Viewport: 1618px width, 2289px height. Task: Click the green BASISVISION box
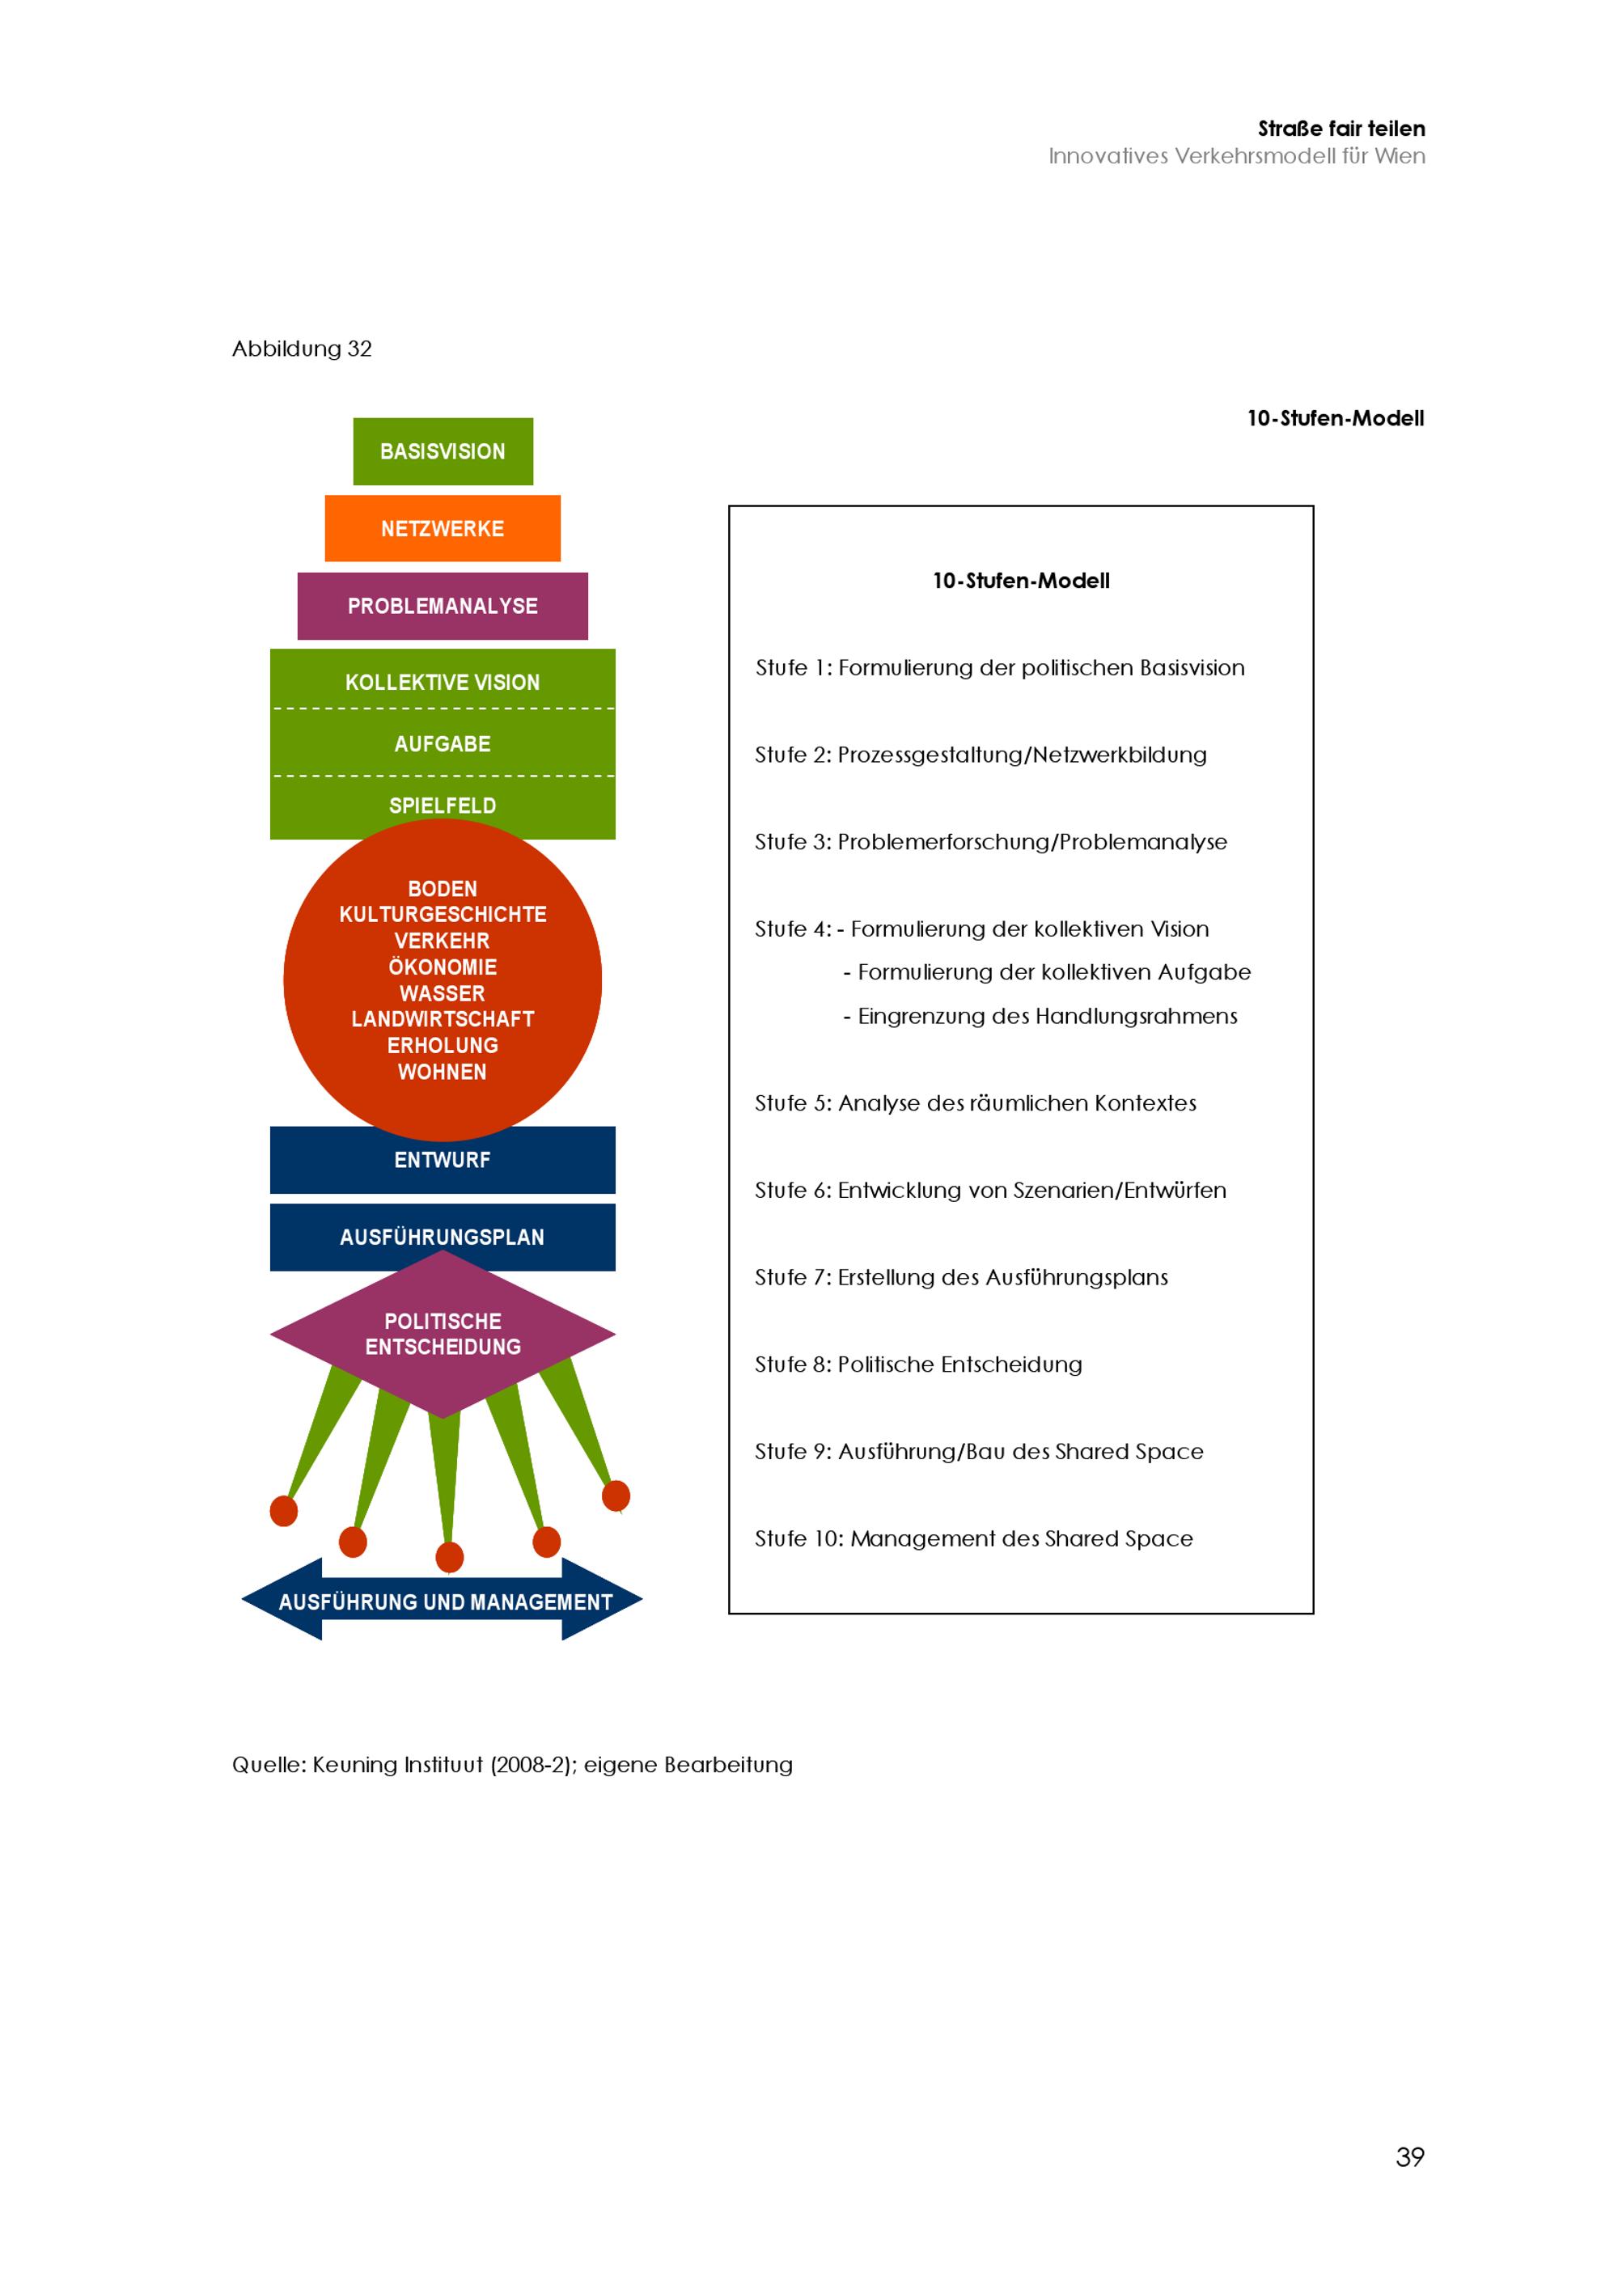pyautogui.click(x=443, y=451)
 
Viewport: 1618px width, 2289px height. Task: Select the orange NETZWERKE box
pyautogui.click(x=443, y=528)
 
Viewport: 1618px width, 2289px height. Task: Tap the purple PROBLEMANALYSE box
pyautogui.click(x=443, y=606)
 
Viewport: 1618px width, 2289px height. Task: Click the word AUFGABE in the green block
pyautogui.click(x=443, y=744)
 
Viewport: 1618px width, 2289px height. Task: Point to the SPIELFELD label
pyautogui.click(x=443, y=806)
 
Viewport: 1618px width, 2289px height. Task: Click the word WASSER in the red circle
pyautogui.click(x=443, y=993)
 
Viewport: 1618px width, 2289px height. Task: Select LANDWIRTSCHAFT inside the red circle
pyautogui.click(x=443, y=1019)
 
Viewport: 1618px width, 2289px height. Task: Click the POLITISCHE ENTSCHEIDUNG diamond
pyautogui.click(x=443, y=1334)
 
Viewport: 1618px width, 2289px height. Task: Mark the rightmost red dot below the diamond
pyautogui.click(x=616, y=1496)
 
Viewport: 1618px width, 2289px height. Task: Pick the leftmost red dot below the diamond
pyautogui.click(x=284, y=1510)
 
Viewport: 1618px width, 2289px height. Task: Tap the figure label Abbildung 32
pyautogui.click(x=302, y=349)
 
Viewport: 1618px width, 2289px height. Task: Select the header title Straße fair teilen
pyautogui.click(x=1341, y=129)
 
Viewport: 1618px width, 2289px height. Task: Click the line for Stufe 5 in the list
pyautogui.click(x=975, y=1102)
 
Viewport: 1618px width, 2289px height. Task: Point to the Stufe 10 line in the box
pyautogui.click(x=973, y=1538)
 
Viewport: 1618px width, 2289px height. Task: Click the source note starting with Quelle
pyautogui.click(x=512, y=1765)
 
